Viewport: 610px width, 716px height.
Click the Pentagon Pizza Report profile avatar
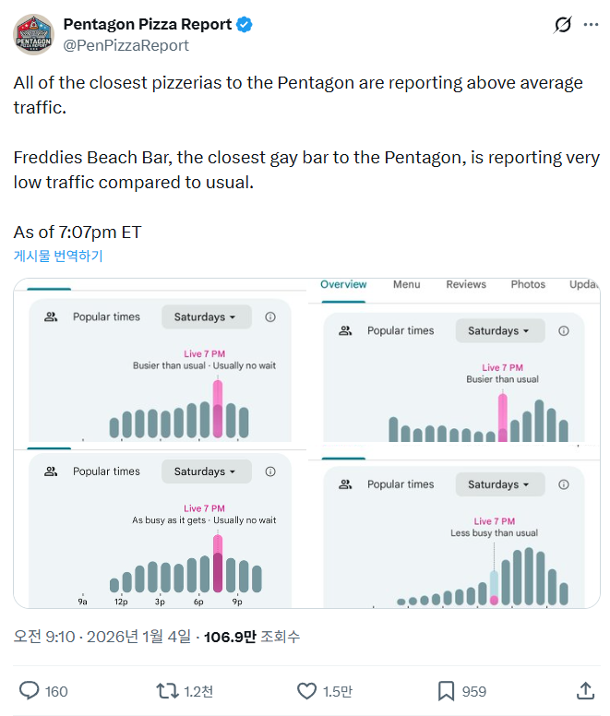pyautogui.click(x=33, y=34)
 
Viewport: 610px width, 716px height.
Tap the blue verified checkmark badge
pyautogui.click(x=245, y=25)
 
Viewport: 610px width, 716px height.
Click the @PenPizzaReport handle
pyautogui.click(x=126, y=45)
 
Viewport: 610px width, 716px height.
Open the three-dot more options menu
pyautogui.click(x=591, y=25)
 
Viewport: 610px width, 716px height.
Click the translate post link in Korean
pyautogui.click(x=58, y=256)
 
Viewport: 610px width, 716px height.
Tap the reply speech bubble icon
pyautogui.click(x=30, y=690)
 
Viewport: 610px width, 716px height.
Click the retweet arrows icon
pyautogui.click(x=167, y=690)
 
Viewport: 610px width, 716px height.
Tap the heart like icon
pyautogui.click(x=306, y=690)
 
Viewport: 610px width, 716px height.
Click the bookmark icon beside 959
pyautogui.click(x=446, y=690)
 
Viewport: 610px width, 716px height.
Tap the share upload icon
pyautogui.click(x=585, y=690)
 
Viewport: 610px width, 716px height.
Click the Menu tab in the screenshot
pyautogui.click(x=406, y=284)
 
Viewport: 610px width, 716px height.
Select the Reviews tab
pyautogui.click(x=466, y=284)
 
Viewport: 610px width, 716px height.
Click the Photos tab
pyautogui.click(x=528, y=284)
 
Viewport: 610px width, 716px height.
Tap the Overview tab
pyautogui.click(x=343, y=284)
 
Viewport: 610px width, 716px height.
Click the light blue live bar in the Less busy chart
pyautogui.click(x=494, y=584)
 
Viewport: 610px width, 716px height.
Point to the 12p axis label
pyautogui.click(x=120, y=602)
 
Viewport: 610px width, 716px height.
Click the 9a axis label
pyautogui.click(x=82, y=602)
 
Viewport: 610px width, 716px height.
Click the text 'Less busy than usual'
pyautogui.click(x=494, y=533)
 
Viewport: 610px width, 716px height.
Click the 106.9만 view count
pyautogui.click(x=230, y=637)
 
